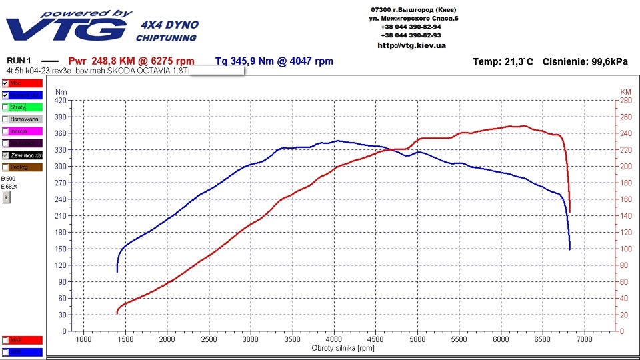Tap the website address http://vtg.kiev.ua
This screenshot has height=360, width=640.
pos(411,45)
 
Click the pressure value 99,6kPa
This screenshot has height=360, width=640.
pos(609,62)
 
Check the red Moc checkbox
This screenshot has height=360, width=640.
pos(6,83)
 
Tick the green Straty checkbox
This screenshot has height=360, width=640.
pos(6,107)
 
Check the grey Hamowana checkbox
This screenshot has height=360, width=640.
pos(6,119)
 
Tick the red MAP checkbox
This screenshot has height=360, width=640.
pos(6,340)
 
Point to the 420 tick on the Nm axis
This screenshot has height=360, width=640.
pos(61,101)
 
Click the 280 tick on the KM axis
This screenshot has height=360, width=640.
pos(625,101)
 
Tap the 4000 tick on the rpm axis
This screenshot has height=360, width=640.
pos(333,339)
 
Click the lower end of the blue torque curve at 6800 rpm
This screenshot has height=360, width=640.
pos(569,247)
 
